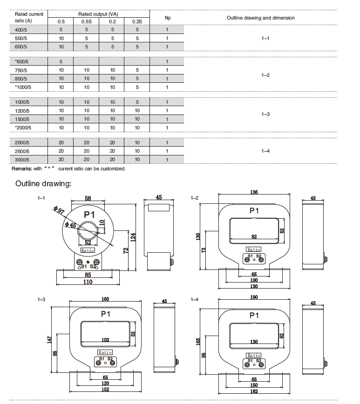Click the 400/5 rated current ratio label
pos(21,29)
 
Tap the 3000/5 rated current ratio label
pos(22,160)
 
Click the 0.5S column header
pos(87,21)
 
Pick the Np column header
pos(168,18)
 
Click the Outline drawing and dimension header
pos(260,18)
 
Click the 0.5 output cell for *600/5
pos(61,61)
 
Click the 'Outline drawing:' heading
pos(43,184)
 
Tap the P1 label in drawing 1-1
pos(89,215)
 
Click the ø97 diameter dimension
pos(58,210)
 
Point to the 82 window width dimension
pos(254,236)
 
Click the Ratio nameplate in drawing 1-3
pos(105,352)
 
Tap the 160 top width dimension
pos(105,299)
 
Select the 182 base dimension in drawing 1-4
pos(254,391)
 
